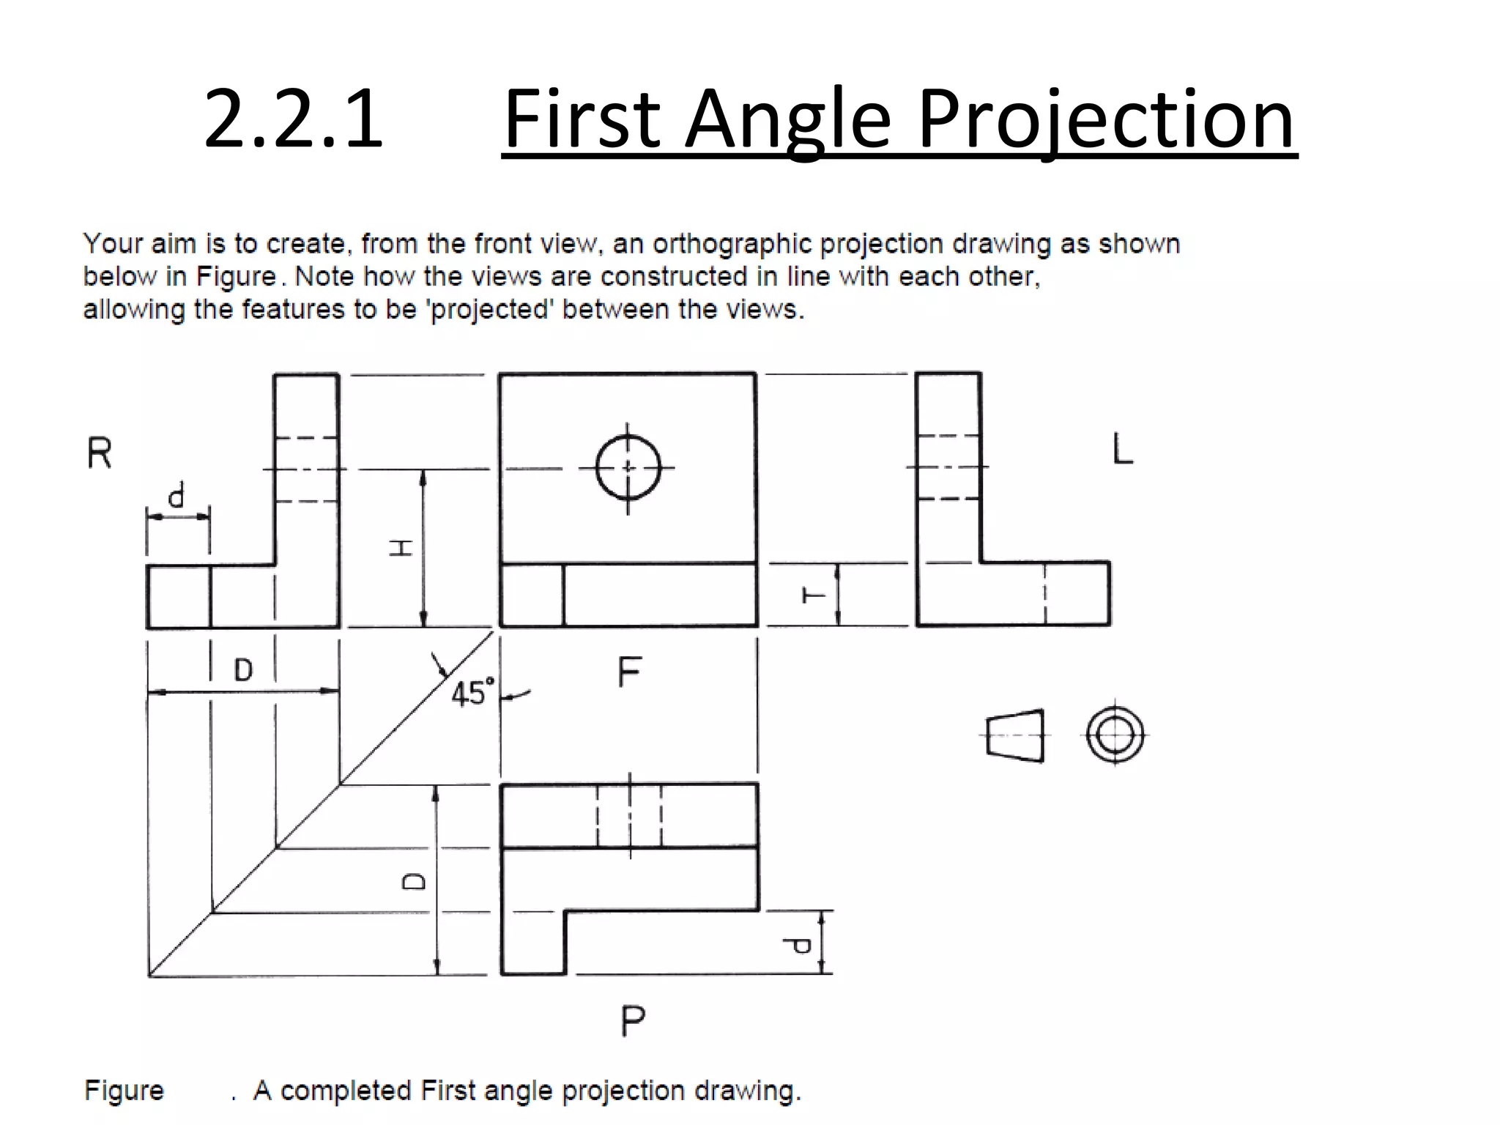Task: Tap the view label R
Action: (100, 453)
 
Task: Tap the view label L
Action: (1122, 448)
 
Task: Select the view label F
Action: (629, 672)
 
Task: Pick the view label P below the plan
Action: (633, 1020)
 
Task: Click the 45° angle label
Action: (472, 692)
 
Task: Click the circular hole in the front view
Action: (628, 467)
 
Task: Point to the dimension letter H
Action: (401, 548)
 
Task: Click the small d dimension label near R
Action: (177, 497)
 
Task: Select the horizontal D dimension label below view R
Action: (243, 669)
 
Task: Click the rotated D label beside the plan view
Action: (415, 881)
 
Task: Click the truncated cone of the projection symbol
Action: (1015, 735)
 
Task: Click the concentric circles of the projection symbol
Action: (1115, 735)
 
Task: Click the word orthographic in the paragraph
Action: (732, 244)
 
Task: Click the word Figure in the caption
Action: (124, 1091)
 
